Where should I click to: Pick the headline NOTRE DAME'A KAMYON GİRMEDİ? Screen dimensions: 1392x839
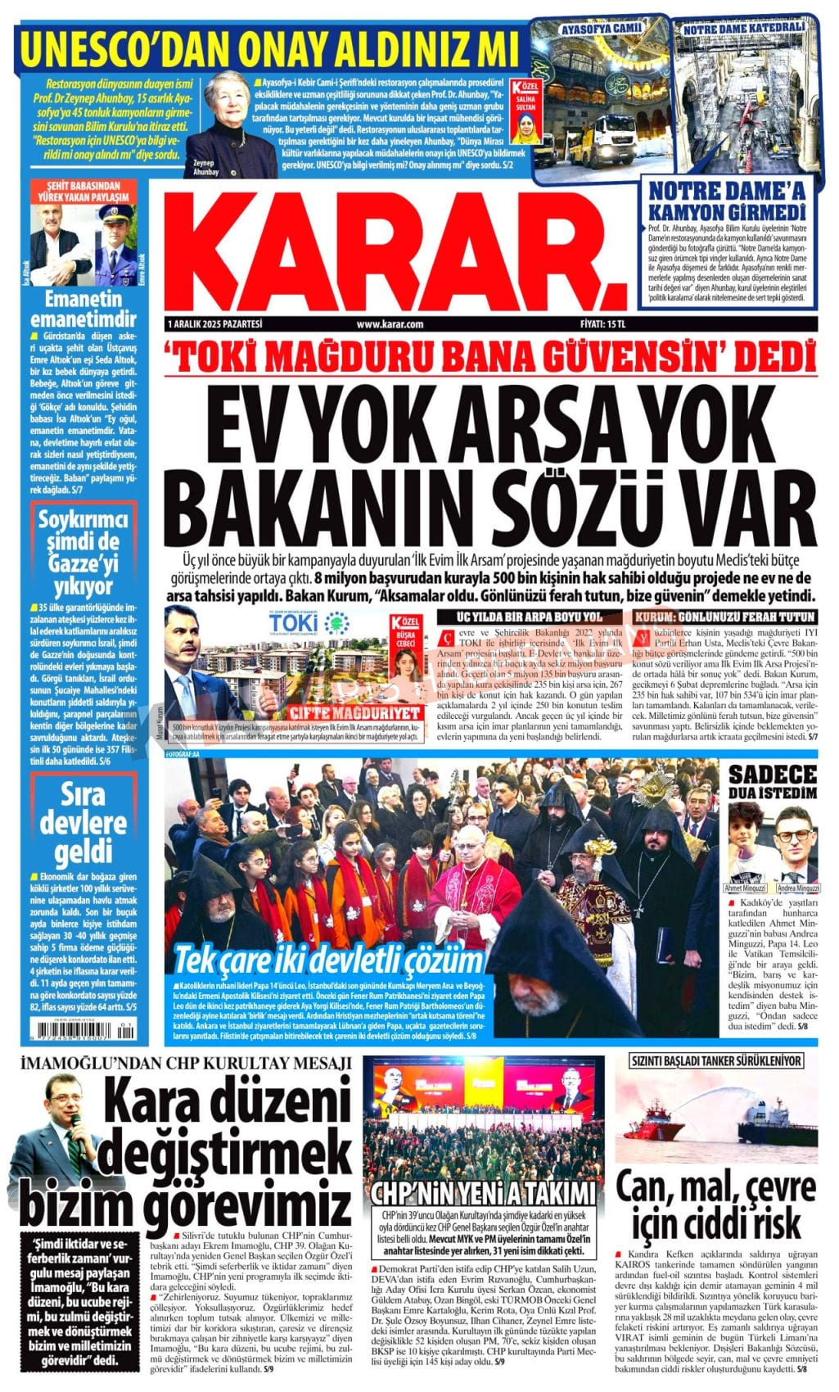(x=727, y=201)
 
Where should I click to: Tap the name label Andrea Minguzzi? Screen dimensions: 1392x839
(x=794, y=888)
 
